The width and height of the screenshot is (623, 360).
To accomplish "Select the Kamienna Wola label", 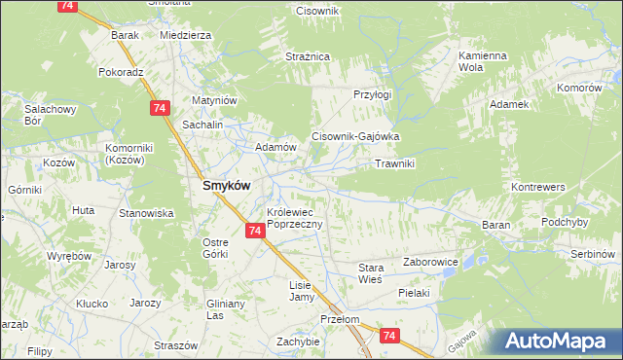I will (484, 62).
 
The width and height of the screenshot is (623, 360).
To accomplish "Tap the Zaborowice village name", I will (430, 263).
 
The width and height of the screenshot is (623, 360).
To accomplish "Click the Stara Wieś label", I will (371, 272).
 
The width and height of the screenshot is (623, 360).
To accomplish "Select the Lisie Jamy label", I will (301, 291).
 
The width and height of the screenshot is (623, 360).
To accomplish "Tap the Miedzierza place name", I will (185, 35).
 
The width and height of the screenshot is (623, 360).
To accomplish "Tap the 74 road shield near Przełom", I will (389, 336).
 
